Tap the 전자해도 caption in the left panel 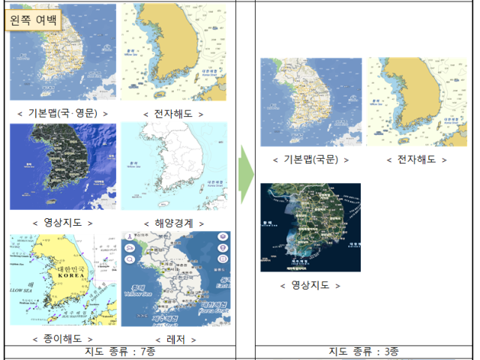pyautogui.click(x=173, y=113)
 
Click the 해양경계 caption pyautogui.click(x=173, y=223)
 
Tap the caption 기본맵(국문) pyautogui.click(x=310, y=160)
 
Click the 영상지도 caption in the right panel pyautogui.click(x=310, y=286)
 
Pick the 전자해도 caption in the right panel pyautogui.click(x=417, y=160)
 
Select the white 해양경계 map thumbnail pyautogui.click(x=173, y=166)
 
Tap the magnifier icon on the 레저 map pyautogui.click(x=129, y=259)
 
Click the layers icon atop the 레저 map pyautogui.click(x=222, y=235)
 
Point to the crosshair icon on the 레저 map pyautogui.click(x=222, y=259)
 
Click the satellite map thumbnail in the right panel pyautogui.click(x=310, y=227)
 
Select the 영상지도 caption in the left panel pyautogui.click(x=63, y=223)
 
